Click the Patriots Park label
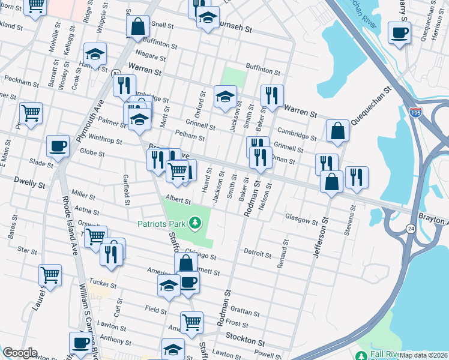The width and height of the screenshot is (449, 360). pyautogui.click(x=161, y=224)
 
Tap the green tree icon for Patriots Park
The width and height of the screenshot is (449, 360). pyautogui.click(x=194, y=224)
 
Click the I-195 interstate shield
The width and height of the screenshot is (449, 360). pyautogui.click(x=415, y=112)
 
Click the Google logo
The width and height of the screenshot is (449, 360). pyautogui.click(x=20, y=353)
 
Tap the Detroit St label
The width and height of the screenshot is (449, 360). pyautogui.click(x=257, y=253)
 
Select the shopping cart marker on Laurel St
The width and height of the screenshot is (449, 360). pyautogui.click(x=50, y=275)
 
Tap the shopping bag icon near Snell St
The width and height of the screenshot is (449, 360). pyautogui.click(x=137, y=26)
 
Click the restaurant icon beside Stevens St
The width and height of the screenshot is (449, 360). pyautogui.click(x=357, y=176)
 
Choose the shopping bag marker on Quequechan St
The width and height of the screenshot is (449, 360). pyautogui.click(x=338, y=131)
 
